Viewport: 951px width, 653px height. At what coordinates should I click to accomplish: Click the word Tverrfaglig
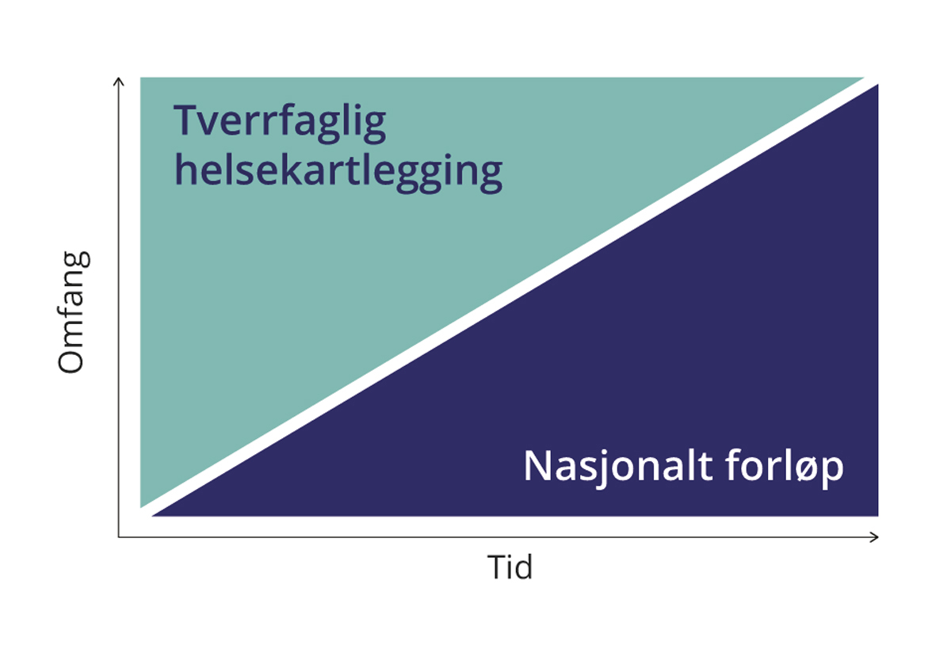[x=280, y=123]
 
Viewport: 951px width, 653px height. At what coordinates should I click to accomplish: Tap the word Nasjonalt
[x=617, y=467]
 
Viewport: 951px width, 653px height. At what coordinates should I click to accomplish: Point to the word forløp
[x=785, y=467]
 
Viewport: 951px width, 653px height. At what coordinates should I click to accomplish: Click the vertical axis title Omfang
[x=73, y=313]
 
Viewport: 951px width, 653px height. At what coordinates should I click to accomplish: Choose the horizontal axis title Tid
[x=510, y=567]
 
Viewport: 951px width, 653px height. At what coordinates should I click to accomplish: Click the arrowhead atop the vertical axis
[x=118, y=81]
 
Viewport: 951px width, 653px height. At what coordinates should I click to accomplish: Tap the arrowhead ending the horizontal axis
[x=874, y=537]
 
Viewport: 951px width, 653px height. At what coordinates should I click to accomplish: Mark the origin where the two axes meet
[x=118, y=537]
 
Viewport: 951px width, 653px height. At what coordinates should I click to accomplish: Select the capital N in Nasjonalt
[x=537, y=466]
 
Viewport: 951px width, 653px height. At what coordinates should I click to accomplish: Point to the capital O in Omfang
[x=71, y=358]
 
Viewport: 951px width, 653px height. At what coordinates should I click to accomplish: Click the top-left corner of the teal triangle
[x=140, y=78]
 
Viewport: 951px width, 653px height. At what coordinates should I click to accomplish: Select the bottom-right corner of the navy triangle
[x=878, y=516]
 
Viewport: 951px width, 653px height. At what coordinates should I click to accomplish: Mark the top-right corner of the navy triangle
[x=878, y=85]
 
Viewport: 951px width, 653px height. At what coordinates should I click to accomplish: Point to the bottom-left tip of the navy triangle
[x=153, y=516]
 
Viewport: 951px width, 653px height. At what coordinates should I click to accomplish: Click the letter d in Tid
[x=522, y=567]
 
